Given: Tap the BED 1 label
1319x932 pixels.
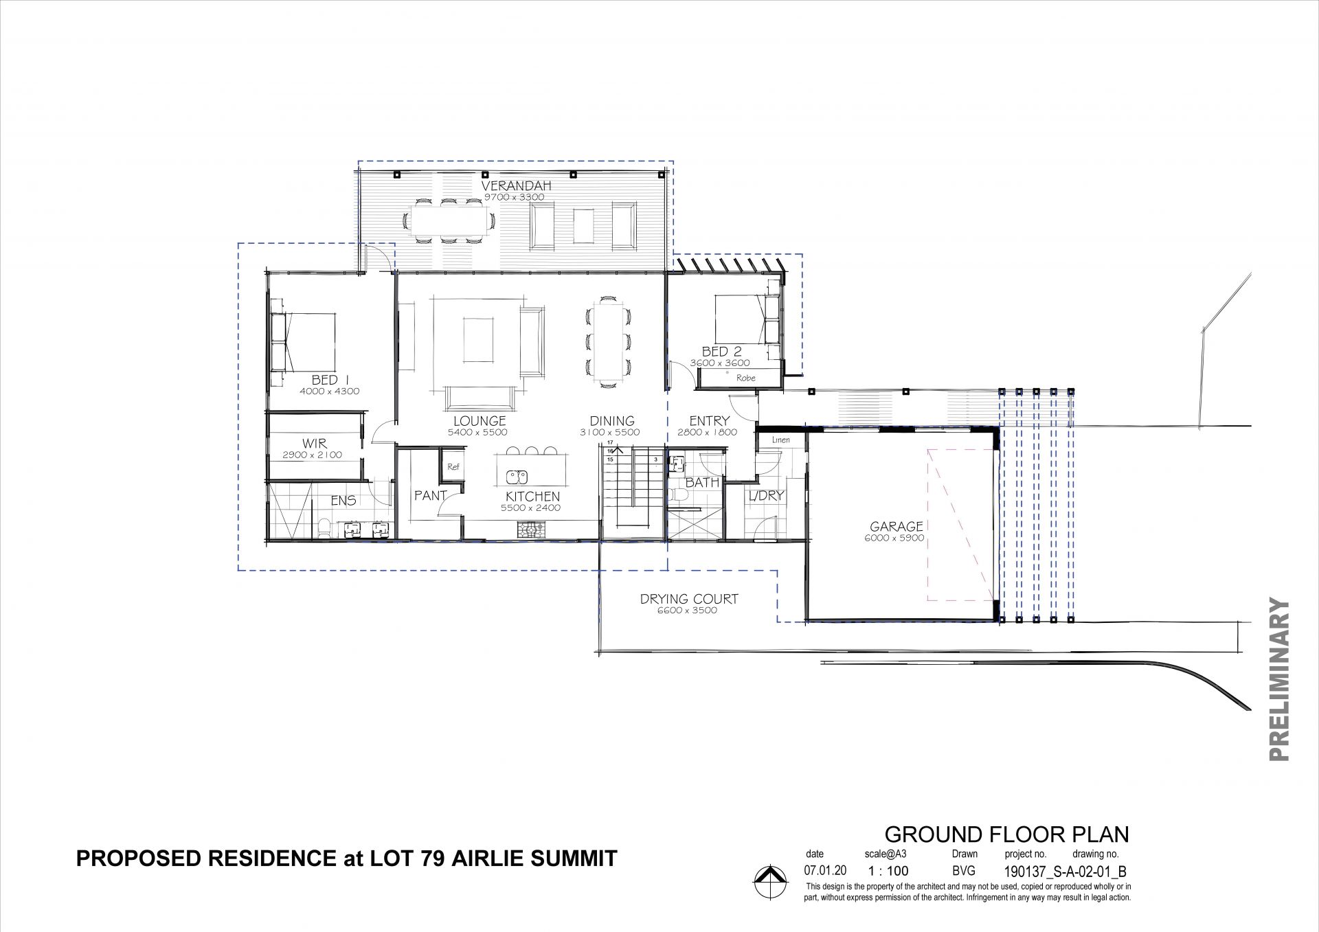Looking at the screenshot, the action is pos(325,380).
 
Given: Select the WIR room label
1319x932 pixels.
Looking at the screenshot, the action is pos(315,444).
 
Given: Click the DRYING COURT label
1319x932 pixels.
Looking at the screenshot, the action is pos(689,599).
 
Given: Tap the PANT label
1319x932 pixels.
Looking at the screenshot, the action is pos(431,495).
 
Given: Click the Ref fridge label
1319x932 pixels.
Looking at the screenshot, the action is pos(453,466).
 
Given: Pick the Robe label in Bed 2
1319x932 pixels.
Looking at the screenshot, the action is pos(745,378).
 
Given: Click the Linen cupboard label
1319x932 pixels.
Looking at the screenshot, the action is pos(781,440).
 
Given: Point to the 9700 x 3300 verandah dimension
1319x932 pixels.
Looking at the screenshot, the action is pos(514,197).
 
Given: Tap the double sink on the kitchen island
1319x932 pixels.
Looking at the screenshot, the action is pos(515,476).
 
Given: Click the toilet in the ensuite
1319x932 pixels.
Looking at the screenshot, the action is pos(324,527).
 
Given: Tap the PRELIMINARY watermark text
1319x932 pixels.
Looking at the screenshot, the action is pos(1279,679).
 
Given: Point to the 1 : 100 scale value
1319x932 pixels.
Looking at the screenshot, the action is pos(888,872).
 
